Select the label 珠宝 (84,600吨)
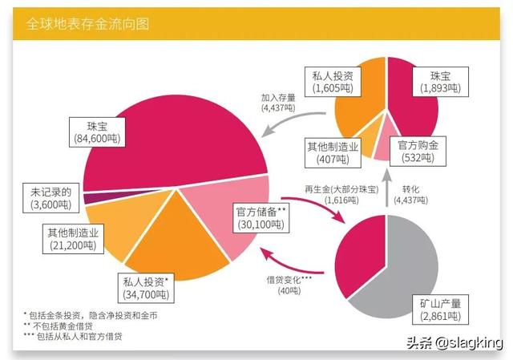point(108,133)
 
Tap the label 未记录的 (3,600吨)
point(50,199)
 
